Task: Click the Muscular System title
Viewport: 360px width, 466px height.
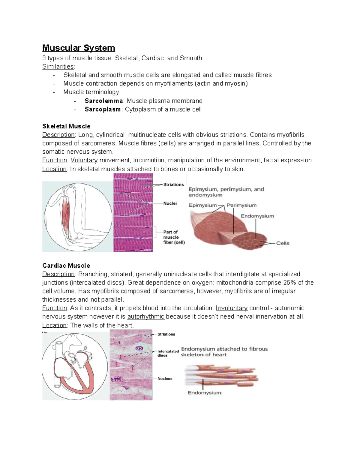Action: click(x=79, y=48)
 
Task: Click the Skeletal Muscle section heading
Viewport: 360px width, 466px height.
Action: click(x=66, y=126)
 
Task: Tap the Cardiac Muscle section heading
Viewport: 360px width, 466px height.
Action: click(x=66, y=266)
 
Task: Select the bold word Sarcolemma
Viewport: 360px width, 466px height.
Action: click(x=104, y=101)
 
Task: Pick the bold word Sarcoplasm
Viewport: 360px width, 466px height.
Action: click(x=103, y=110)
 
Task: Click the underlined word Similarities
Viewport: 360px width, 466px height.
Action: click(x=58, y=67)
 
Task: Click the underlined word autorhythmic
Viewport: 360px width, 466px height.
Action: click(x=146, y=317)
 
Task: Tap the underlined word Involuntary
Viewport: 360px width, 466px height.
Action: click(x=232, y=308)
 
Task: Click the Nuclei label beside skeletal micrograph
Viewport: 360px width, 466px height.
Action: click(x=170, y=203)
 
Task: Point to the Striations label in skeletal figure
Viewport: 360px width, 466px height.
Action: click(x=173, y=185)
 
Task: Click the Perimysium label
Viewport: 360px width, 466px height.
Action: click(x=241, y=205)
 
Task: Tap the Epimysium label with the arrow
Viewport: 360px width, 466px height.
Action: click(x=202, y=205)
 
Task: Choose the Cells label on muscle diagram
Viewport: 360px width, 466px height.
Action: click(x=283, y=243)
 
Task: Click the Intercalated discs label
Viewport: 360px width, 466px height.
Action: click(x=168, y=353)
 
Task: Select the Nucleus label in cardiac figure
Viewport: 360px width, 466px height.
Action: click(x=165, y=379)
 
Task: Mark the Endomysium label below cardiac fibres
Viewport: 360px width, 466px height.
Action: click(x=204, y=393)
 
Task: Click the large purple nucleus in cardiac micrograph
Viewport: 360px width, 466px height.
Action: click(x=139, y=349)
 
